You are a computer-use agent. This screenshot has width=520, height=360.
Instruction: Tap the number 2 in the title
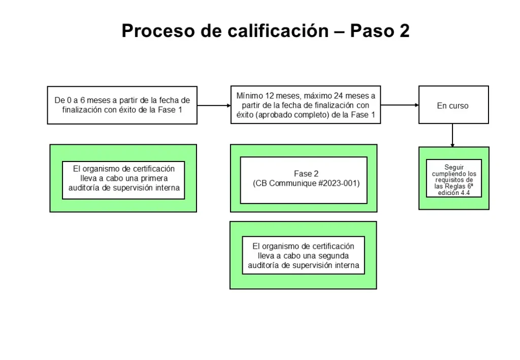pos(404,31)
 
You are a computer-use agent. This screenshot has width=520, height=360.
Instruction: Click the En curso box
pos(453,106)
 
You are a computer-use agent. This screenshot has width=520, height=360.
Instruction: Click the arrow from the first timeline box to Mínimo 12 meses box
pos(213,106)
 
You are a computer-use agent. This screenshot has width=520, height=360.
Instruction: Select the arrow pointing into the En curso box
pos(400,105)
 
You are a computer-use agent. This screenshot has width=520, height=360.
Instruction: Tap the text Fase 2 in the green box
pos(306,174)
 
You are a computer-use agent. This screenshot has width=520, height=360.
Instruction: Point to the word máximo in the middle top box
pos(318,95)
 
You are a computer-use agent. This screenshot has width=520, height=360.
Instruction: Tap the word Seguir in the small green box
pos(454,167)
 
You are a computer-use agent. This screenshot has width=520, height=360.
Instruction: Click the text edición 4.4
pos(454,192)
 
